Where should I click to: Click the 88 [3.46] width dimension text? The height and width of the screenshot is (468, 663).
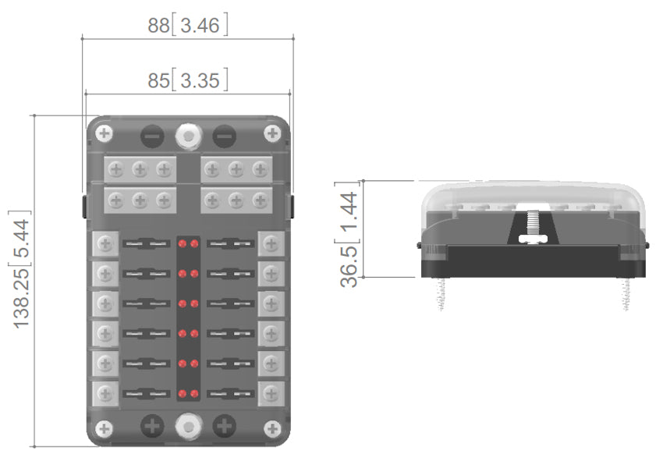[x=188, y=25]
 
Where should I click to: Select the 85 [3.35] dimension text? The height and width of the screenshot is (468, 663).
[x=188, y=80]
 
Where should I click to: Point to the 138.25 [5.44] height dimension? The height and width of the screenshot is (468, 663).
[x=22, y=269]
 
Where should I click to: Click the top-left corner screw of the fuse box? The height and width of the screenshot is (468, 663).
[x=105, y=133]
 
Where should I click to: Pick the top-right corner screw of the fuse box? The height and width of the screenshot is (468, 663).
[x=271, y=133]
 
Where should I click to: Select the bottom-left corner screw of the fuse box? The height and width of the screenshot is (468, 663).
[x=105, y=427]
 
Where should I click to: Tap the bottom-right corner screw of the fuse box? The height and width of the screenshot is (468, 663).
[x=271, y=427]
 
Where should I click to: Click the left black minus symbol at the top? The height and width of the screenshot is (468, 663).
[x=152, y=136]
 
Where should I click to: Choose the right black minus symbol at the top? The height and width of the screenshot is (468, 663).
[x=224, y=136]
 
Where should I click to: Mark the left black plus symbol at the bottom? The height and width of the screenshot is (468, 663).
[x=152, y=426]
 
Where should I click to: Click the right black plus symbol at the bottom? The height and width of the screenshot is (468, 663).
[x=224, y=426]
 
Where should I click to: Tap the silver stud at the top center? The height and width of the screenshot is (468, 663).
[x=188, y=135]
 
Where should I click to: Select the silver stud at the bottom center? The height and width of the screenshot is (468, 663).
[x=188, y=426]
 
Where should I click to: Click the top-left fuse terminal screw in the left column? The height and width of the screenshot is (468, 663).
[x=104, y=244]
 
